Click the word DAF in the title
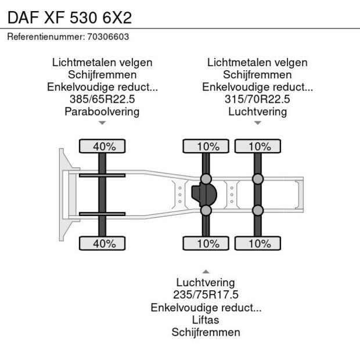(21, 17)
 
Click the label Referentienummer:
(45, 37)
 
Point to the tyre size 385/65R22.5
(102, 99)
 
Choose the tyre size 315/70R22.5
(257, 99)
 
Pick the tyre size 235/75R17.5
(206, 295)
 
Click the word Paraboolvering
(102, 111)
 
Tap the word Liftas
(206, 320)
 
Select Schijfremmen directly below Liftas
(206, 332)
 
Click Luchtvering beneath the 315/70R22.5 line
(257, 111)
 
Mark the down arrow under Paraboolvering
(102, 123)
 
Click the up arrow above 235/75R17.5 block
(206, 271)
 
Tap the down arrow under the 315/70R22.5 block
(257, 123)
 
